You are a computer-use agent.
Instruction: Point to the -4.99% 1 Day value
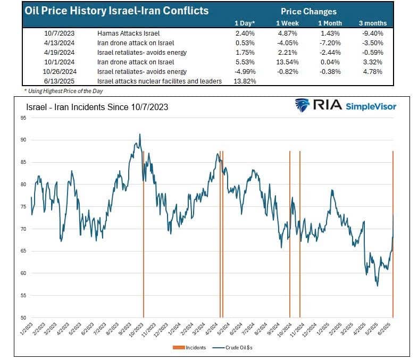(244, 71)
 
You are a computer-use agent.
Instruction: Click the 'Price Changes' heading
(308, 11)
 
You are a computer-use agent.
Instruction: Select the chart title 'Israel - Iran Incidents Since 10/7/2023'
(97, 107)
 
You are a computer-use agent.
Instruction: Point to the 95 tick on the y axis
(23, 118)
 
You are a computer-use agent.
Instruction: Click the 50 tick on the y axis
(23, 318)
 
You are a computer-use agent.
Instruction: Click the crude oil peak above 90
(140, 135)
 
